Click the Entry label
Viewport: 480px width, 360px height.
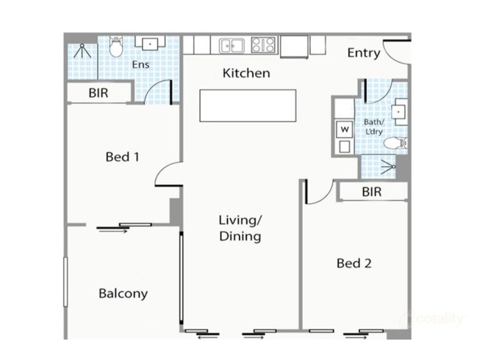[x=364, y=53]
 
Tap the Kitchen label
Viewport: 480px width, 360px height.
[x=247, y=73]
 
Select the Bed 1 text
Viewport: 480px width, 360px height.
[x=122, y=157]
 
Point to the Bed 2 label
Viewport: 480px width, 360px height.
[x=354, y=263]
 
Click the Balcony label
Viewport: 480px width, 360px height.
[x=123, y=293]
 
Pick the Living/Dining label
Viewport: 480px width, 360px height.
[x=241, y=229]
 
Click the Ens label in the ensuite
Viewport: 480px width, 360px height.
[x=141, y=65]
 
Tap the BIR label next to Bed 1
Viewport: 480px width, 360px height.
[x=98, y=93]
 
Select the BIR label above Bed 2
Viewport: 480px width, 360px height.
[x=371, y=192]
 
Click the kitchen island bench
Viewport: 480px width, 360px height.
[x=248, y=106]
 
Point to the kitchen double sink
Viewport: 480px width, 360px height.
[x=232, y=46]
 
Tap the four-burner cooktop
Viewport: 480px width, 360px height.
[x=263, y=44]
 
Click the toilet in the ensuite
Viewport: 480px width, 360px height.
[x=116, y=47]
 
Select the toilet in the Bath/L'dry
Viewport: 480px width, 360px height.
[x=395, y=143]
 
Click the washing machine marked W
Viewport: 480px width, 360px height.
[x=344, y=130]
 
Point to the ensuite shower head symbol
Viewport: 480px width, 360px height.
[x=82, y=51]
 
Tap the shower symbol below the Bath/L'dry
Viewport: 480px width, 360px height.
[x=388, y=167]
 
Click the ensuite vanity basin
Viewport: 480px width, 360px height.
[x=150, y=43]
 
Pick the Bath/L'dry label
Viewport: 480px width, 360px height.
[x=374, y=127]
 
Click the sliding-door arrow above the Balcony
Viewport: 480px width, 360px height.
[x=113, y=232]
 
